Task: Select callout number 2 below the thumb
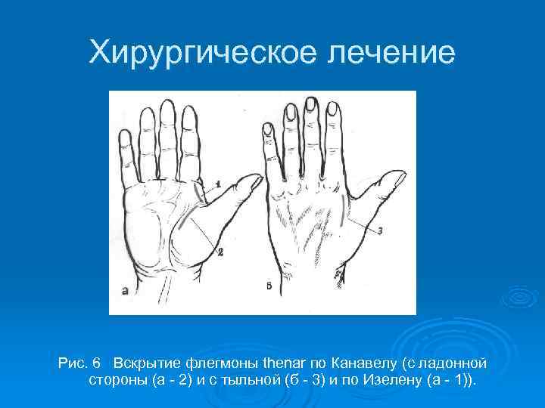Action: (x=220, y=252)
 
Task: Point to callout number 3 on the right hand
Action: (x=380, y=230)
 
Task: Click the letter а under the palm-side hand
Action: (x=124, y=289)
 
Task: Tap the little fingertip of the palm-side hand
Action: (x=126, y=136)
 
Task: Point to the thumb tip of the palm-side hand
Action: (x=255, y=179)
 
